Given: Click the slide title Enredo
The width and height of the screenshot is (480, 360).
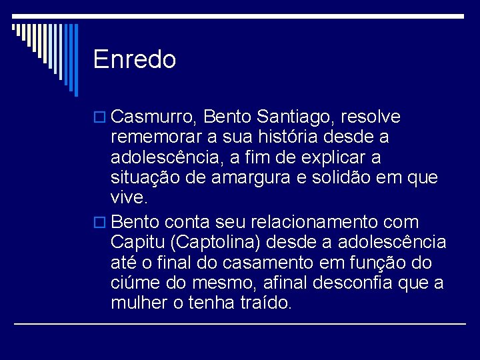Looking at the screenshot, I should [x=135, y=60].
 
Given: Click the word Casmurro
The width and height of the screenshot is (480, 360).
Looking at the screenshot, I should [x=153, y=117].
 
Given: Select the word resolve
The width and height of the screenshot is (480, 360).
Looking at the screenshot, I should [x=370, y=117].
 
